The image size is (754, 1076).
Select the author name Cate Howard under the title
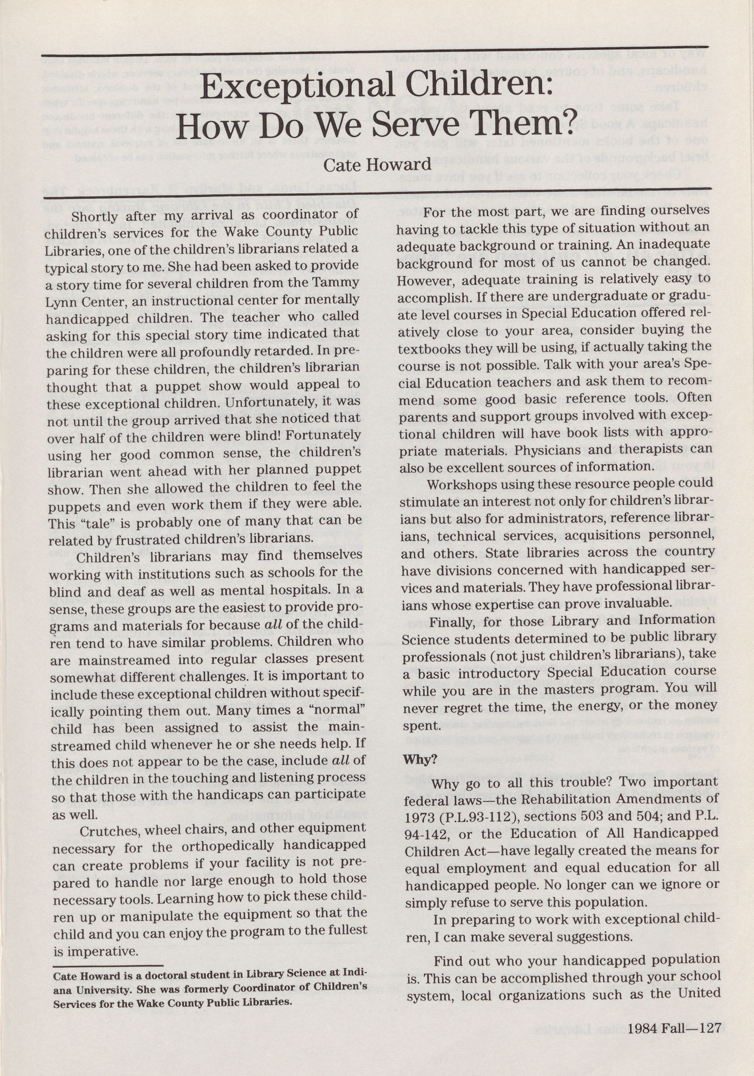[377, 164]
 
